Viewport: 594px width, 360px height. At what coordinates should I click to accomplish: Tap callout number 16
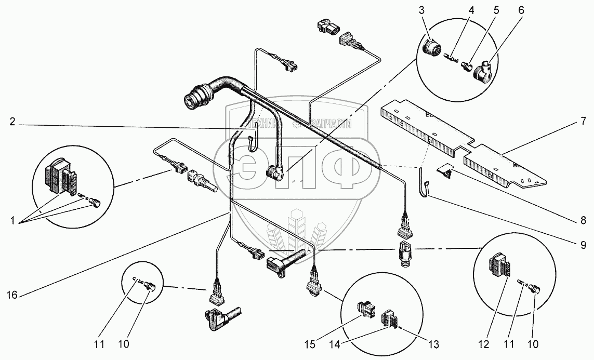(12, 295)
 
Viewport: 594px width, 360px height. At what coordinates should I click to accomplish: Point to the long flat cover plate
(463, 145)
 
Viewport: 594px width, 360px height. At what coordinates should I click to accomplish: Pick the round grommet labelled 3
(431, 48)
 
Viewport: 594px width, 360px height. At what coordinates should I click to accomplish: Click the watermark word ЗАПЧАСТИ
(328, 124)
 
